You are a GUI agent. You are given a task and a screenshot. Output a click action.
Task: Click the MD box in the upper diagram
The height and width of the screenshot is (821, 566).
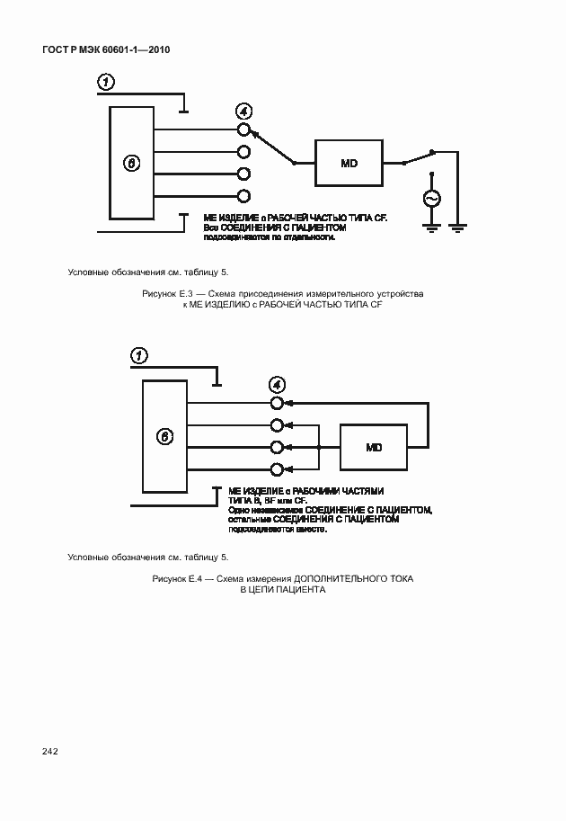tap(348, 164)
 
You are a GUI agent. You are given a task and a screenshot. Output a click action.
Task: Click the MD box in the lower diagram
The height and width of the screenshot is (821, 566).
tap(374, 447)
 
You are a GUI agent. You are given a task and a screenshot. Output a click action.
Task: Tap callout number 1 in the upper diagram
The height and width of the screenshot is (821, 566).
tap(106, 84)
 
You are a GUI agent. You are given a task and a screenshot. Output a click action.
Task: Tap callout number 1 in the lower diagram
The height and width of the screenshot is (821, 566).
tap(139, 357)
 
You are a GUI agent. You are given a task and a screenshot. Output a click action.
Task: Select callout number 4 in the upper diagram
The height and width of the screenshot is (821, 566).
tap(243, 112)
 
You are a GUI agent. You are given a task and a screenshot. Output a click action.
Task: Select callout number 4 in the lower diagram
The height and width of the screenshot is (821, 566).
tap(278, 384)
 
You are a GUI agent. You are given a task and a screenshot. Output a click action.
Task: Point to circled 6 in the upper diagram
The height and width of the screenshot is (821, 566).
tap(131, 164)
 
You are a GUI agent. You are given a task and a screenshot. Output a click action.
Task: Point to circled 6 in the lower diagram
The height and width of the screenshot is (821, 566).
tap(164, 437)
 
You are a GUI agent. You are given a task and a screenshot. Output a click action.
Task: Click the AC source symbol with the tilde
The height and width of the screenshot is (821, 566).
tap(431, 199)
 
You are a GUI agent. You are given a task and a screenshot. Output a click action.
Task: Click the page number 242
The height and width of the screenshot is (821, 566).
tap(49, 751)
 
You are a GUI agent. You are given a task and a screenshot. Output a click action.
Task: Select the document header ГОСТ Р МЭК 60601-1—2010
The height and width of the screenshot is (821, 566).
tap(105, 49)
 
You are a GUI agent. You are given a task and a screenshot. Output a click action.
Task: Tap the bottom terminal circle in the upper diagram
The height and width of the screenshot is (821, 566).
tap(243, 196)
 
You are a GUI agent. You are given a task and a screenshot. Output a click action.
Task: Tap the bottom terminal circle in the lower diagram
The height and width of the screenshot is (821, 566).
tap(278, 469)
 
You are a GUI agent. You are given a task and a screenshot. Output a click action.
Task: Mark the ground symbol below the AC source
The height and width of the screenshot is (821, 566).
tap(431, 228)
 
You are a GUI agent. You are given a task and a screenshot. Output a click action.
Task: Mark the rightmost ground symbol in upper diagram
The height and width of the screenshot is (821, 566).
tap(458, 228)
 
